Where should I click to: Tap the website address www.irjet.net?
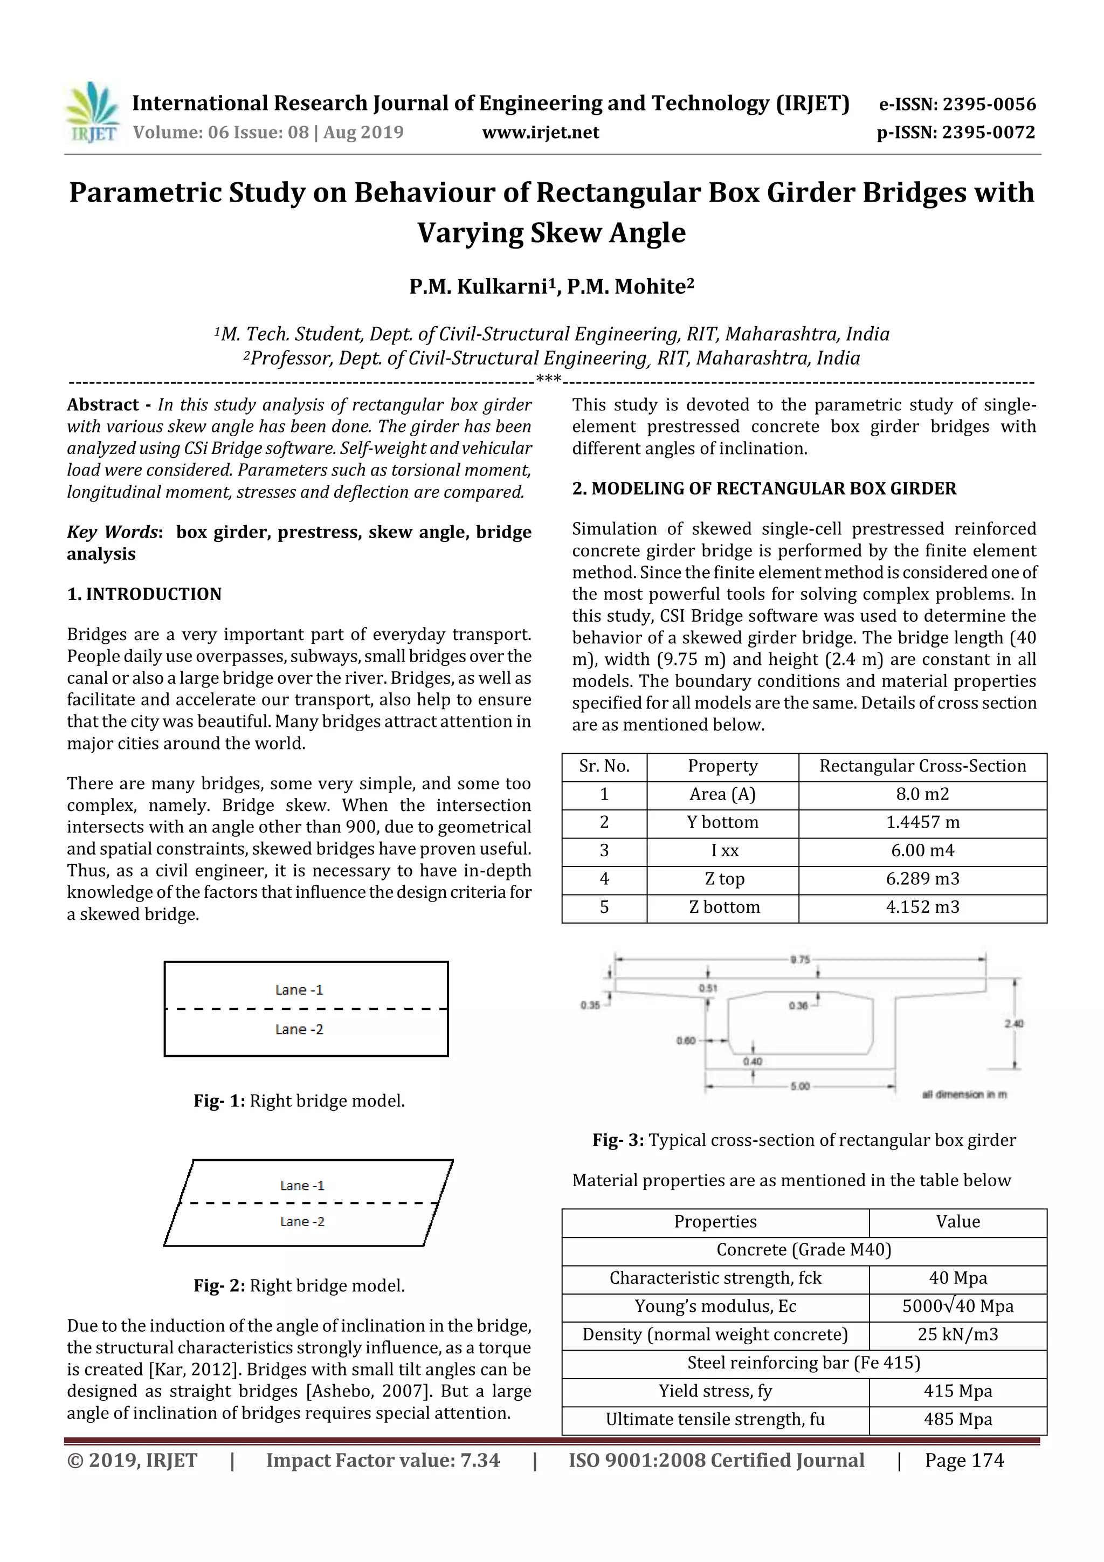(x=540, y=133)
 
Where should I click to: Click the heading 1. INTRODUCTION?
(x=144, y=594)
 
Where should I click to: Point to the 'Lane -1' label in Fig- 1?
(x=299, y=990)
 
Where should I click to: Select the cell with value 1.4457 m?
(x=922, y=822)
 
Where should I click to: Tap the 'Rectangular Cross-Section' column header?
(x=922, y=766)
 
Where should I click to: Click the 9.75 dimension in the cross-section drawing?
(x=800, y=959)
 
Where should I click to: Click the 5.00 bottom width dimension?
(x=800, y=1086)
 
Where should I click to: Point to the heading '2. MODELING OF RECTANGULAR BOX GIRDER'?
(x=764, y=488)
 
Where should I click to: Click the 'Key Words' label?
(x=112, y=532)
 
